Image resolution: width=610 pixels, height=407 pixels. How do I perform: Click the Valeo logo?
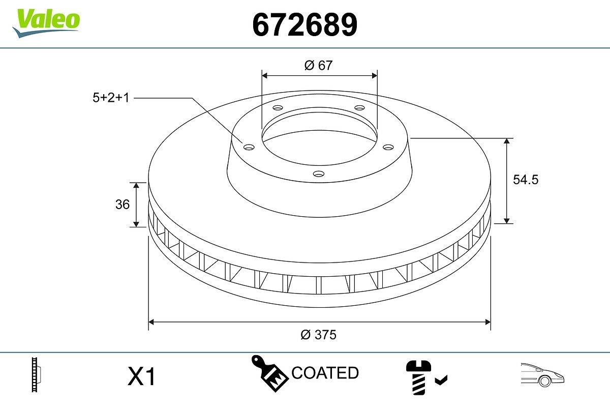click(x=46, y=21)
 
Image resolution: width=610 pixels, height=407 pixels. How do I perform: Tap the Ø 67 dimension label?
click(x=319, y=65)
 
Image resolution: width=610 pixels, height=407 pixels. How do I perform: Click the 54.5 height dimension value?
click(x=525, y=180)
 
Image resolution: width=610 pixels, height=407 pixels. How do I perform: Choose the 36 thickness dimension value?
click(x=123, y=205)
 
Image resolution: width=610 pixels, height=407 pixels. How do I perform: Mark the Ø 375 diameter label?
click(x=319, y=335)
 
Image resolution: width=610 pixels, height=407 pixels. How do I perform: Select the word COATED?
click(x=325, y=373)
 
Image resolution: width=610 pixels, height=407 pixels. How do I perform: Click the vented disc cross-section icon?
click(x=36, y=375)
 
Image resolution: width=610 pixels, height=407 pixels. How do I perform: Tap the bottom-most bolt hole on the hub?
click(x=319, y=174)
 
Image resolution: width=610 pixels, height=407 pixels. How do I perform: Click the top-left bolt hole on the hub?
click(x=277, y=108)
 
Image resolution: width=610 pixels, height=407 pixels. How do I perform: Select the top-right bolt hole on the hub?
click(x=360, y=108)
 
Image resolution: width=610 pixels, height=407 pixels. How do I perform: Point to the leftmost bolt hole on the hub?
click(x=249, y=147)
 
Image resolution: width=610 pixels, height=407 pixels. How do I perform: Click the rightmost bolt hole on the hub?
click(x=388, y=147)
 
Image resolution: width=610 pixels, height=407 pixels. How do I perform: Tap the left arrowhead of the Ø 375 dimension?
click(x=151, y=322)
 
